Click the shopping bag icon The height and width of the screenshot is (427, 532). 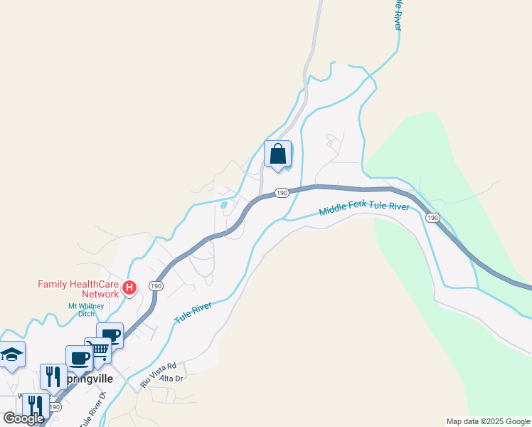(277, 154)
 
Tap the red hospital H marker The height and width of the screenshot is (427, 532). (129, 288)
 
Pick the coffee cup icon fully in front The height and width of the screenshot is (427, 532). (79, 357)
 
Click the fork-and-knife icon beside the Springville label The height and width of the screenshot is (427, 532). (53, 376)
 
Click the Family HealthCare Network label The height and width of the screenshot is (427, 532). (78, 289)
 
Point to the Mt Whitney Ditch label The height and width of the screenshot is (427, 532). (86, 310)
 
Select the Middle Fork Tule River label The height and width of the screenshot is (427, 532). (364, 208)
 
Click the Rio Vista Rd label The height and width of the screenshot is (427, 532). (157, 375)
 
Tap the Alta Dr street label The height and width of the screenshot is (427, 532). (171, 379)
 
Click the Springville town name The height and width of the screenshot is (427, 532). (88, 379)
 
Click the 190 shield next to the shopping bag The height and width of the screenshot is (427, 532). (281, 193)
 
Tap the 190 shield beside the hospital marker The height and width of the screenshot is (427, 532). (155, 285)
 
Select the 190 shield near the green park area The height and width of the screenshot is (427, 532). (433, 218)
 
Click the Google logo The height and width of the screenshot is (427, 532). (23, 418)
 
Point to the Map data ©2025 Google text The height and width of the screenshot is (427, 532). (488, 421)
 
